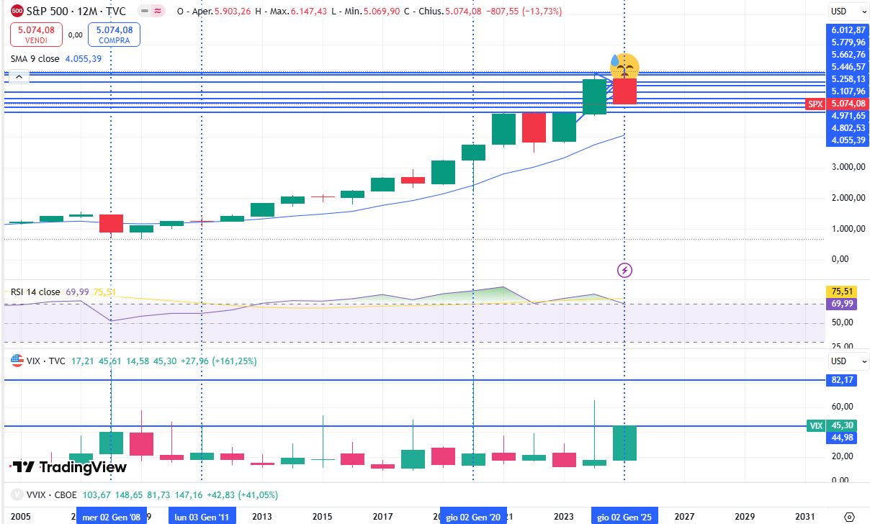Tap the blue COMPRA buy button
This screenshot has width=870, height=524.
tap(114, 35)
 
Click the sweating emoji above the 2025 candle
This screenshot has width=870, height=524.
tap(624, 66)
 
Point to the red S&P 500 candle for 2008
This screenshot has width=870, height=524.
tap(111, 223)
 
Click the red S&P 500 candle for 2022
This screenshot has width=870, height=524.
tap(534, 127)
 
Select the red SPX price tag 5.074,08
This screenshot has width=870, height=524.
tap(836, 104)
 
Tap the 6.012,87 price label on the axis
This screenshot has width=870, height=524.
tap(847, 30)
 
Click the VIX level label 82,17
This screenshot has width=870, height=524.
tap(847, 379)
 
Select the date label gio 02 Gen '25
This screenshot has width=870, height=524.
tap(623, 516)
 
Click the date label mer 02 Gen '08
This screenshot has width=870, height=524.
tap(110, 516)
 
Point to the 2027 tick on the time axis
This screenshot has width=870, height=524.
tap(684, 516)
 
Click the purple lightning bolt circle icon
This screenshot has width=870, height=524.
tap(625, 271)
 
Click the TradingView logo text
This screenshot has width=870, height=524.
tap(71, 467)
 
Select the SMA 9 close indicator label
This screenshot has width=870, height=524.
tap(35, 58)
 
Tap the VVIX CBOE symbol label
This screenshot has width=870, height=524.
tap(42, 495)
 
